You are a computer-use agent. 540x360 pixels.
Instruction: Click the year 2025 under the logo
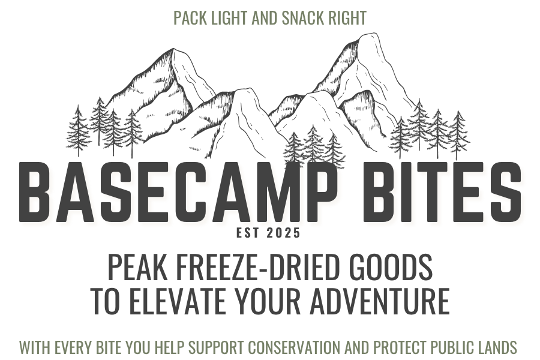283,233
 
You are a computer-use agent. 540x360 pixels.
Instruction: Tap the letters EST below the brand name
248,233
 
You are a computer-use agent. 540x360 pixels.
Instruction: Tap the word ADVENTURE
380,301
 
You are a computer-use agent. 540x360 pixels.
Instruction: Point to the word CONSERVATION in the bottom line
295,347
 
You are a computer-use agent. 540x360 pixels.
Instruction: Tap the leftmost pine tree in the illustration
78,131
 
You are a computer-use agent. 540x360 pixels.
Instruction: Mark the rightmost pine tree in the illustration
458,135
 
